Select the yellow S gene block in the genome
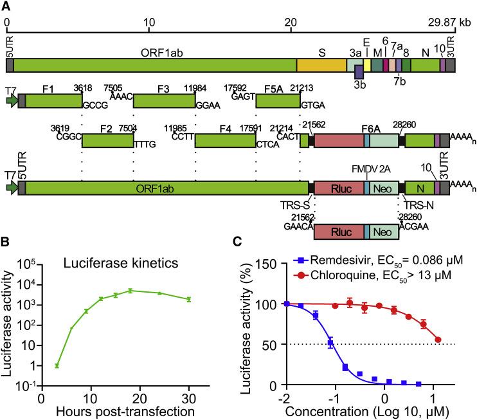point(321,64)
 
